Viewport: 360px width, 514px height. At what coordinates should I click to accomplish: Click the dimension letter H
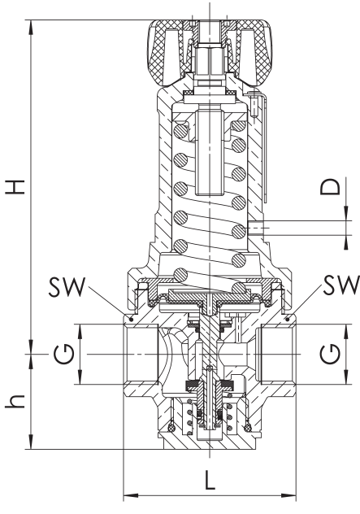[x=15, y=187]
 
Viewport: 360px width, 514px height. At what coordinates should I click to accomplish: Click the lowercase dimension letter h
[x=15, y=401]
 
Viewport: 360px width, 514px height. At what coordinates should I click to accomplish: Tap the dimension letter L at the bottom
[x=210, y=480]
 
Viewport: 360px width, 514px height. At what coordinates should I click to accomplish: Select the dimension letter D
[x=330, y=186]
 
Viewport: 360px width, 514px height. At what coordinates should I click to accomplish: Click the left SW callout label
[x=67, y=287]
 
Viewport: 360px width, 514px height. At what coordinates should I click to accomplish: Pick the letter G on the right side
[x=330, y=354]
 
